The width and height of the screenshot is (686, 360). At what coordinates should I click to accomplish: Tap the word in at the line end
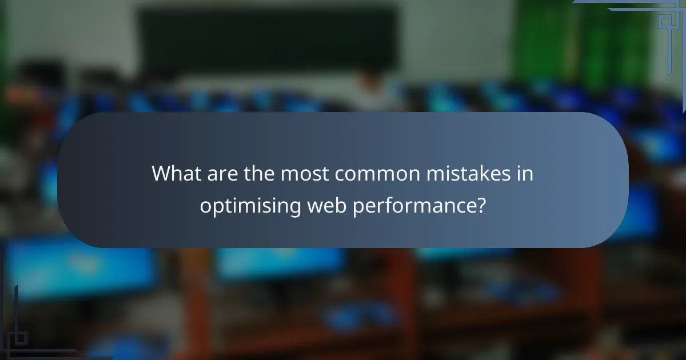tap(525, 174)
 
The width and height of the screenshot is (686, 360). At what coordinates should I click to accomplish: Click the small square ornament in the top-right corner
tap(665, 21)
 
